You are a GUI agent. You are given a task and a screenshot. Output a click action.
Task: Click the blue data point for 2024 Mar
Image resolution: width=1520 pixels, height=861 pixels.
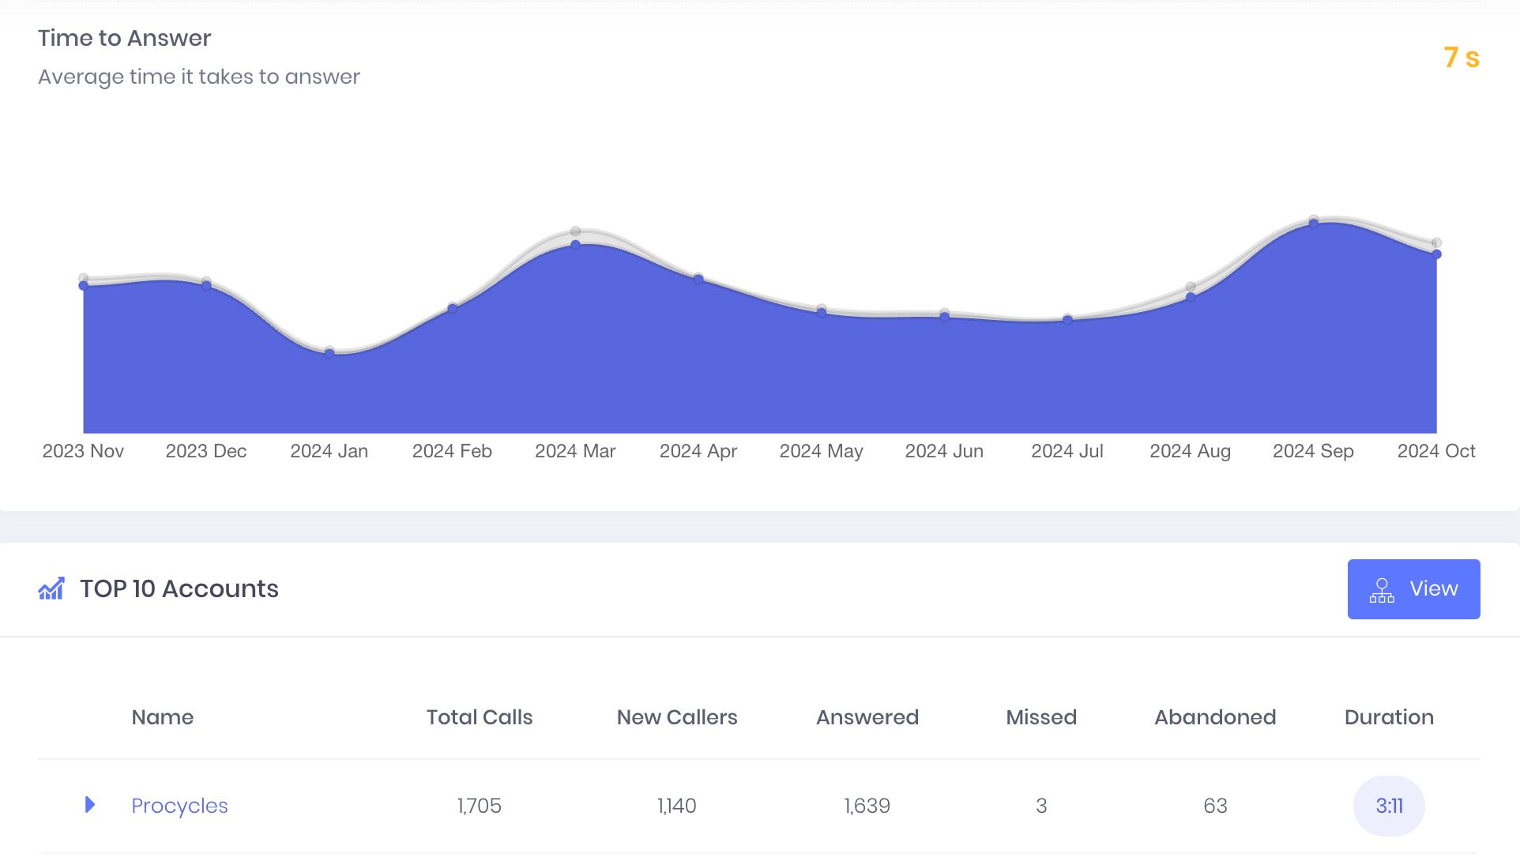(x=576, y=245)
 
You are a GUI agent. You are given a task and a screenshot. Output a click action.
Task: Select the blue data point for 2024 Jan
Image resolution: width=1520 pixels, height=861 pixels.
(x=329, y=353)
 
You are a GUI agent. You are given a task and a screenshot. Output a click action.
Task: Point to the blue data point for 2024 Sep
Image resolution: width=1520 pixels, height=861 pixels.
(x=1314, y=224)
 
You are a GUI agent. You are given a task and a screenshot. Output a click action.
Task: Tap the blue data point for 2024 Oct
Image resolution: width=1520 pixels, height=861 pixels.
(x=1437, y=254)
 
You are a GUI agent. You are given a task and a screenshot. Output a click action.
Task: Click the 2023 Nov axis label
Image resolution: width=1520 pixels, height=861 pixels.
(x=83, y=451)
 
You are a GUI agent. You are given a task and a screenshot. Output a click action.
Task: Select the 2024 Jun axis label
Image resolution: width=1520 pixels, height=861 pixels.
(x=944, y=451)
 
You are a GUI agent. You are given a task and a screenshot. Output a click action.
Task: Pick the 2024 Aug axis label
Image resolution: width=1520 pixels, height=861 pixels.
(x=1190, y=451)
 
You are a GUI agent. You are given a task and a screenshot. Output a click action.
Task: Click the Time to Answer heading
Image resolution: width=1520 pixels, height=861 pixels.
(x=125, y=38)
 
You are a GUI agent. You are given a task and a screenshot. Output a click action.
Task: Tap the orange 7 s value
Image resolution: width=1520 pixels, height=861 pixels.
(x=1461, y=58)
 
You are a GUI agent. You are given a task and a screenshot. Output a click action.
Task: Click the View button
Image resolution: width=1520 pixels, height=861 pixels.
(x=1413, y=589)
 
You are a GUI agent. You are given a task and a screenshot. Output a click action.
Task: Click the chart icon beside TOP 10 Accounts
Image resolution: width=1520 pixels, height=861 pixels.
(x=51, y=589)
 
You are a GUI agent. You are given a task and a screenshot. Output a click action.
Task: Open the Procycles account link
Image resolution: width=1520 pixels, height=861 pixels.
(x=179, y=806)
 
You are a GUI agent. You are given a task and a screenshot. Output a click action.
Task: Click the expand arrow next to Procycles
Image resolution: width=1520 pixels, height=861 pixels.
(x=90, y=805)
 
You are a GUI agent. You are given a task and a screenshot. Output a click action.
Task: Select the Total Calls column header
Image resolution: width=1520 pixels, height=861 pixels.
(x=480, y=717)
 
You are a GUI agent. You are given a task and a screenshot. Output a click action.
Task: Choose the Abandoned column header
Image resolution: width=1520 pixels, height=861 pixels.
(x=1215, y=717)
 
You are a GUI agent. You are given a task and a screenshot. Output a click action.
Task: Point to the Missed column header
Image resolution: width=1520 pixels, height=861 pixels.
(x=1041, y=717)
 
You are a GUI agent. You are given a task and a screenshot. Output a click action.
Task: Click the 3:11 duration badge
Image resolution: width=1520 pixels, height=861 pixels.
(x=1389, y=806)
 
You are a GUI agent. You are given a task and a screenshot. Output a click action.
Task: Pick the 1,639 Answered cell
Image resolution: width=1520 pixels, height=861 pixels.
(x=867, y=806)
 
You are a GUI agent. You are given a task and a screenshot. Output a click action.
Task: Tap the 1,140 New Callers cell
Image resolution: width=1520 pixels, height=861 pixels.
(x=677, y=806)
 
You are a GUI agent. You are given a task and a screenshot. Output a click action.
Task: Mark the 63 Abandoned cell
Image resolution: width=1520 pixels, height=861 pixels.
(x=1215, y=806)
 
